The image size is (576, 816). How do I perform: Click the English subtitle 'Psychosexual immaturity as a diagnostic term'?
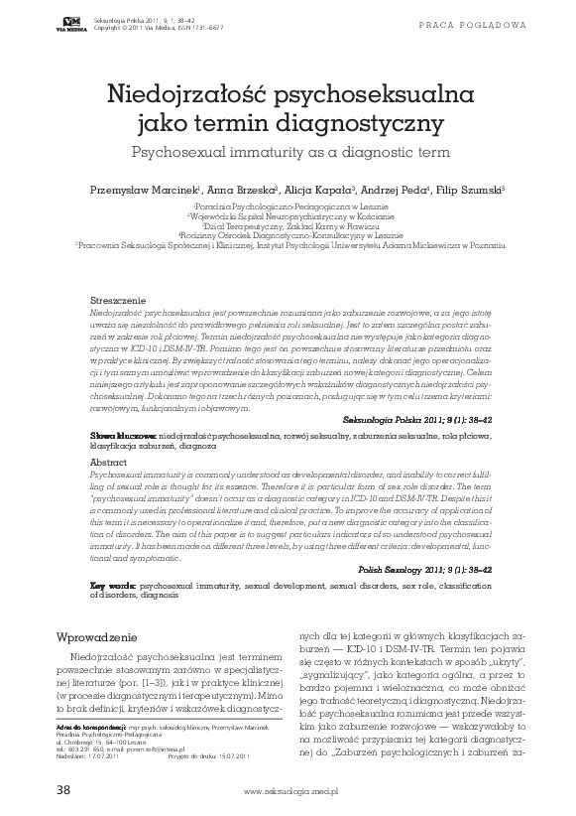click(287, 153)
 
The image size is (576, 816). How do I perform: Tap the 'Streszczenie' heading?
click(118, 299)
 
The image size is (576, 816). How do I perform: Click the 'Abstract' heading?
click(108, 463)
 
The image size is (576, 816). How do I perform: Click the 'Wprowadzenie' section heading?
click(103, 636)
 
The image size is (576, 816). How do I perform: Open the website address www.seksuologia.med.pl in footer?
click(290, 792)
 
